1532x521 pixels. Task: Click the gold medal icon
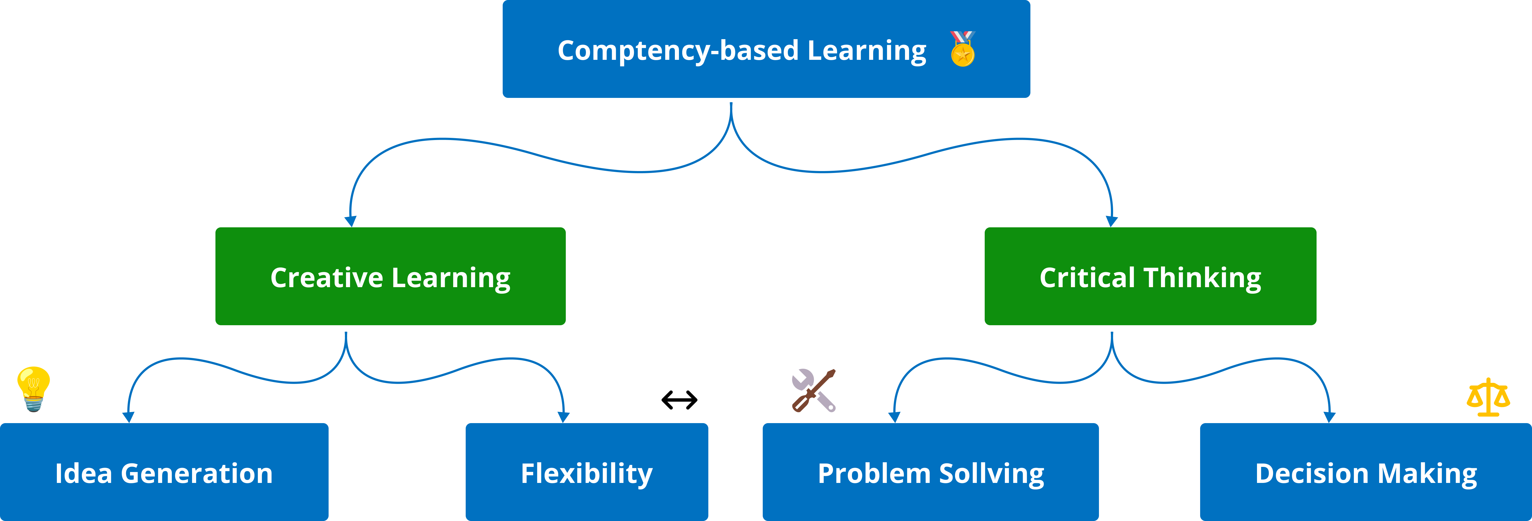pyautogui.click(x=962, y=49)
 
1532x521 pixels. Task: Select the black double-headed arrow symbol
pyautogui.click(x=679, y=400)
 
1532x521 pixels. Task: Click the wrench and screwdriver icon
pyautogui.click(x=814, y=390)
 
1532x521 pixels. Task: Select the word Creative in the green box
pyautogui.click(x=326, y=278)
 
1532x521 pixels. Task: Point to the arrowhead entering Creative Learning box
pyautogui.click(x=350, y=221)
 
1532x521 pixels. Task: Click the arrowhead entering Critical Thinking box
pyautogui.click(x=1111, y=221)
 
